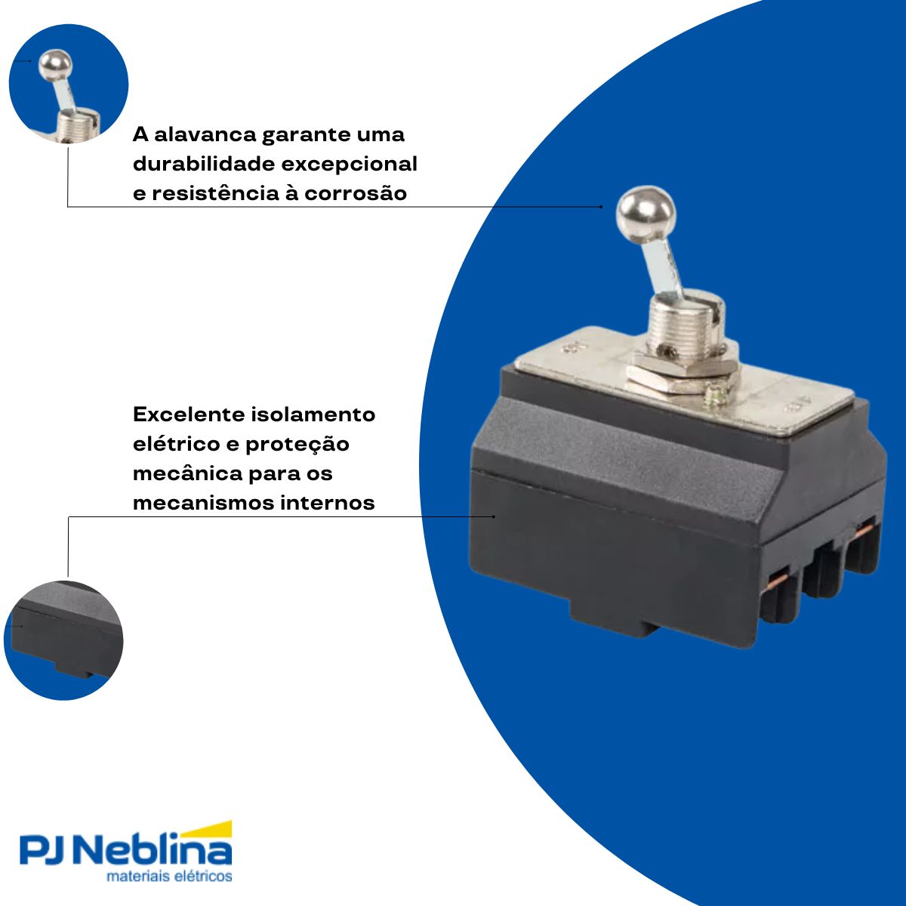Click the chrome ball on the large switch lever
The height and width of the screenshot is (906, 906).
(x=646, y=213)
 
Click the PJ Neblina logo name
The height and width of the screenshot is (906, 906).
(x=125, y=851)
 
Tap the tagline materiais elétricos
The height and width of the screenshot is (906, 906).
(x=169, y=877)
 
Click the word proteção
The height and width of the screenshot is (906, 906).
(x=297, y=444)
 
